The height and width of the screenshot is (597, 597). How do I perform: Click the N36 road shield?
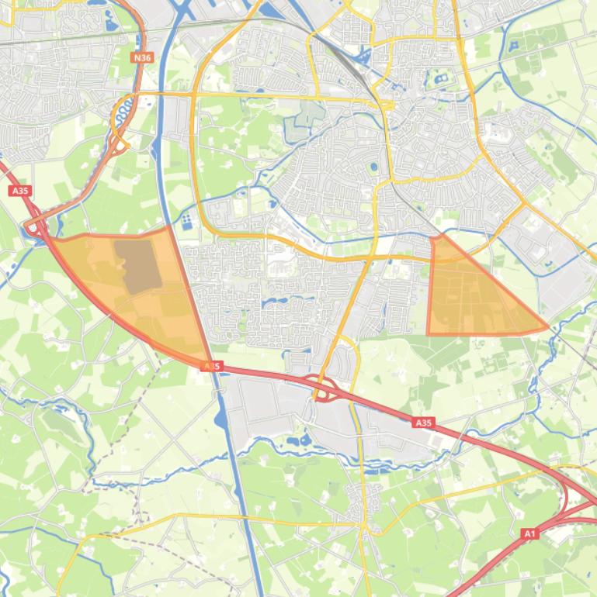click(x=141, y=57)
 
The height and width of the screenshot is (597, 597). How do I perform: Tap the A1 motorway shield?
click(x=529, y=533)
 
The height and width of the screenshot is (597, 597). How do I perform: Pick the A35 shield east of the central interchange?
click(x=422, y=423)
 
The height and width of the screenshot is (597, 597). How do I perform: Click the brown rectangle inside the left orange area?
click(x=137, y=266)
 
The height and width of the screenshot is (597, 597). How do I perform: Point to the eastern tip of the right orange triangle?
click(x=547, y=328)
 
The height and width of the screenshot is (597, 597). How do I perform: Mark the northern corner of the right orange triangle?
click(x=434, y=237)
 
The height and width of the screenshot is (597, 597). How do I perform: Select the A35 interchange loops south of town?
click(x=326, y=388)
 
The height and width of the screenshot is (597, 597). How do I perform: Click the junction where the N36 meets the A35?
click(x=35, y=226)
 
